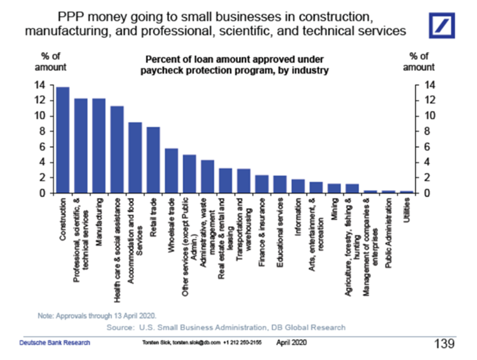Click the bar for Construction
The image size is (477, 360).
pos(62,140)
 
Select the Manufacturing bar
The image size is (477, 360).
pos(99,146)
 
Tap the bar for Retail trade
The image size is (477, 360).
pos(153,160)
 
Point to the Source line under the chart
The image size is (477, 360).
pos(225,327)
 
